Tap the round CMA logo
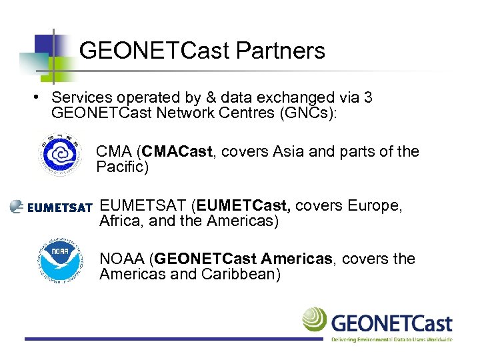[61, 155]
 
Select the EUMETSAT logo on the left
[51, 207]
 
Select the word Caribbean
[237, 274]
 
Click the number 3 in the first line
[368, 98]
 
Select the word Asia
[289, 152]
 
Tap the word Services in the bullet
[78, 98]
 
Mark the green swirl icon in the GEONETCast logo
[315, 319]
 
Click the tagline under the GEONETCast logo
[391, 339]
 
